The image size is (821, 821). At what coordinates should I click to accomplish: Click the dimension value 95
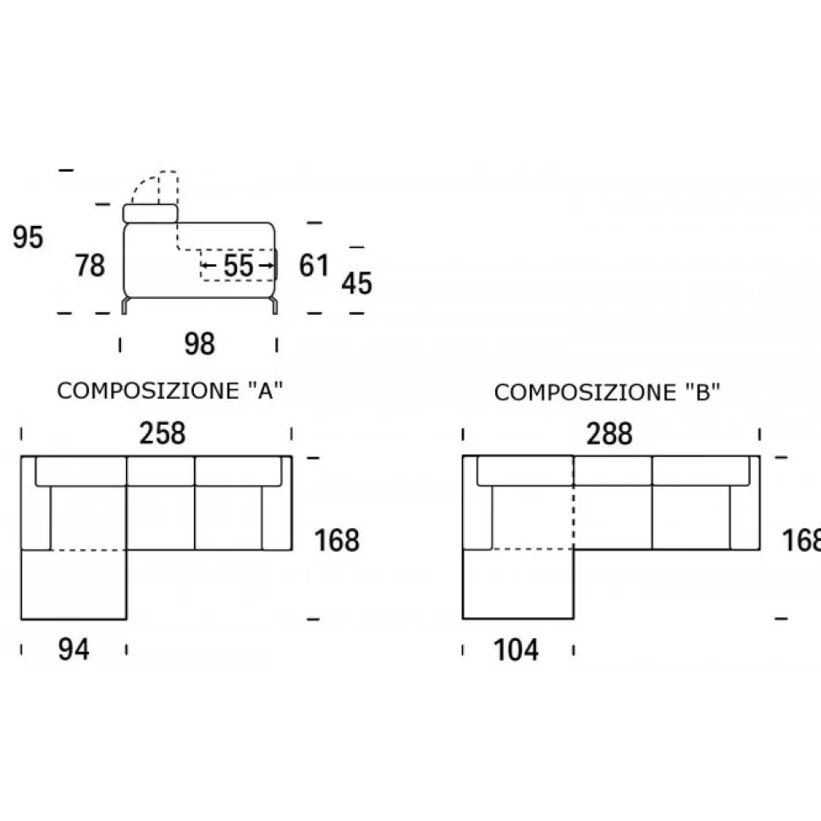[x=28, y=238]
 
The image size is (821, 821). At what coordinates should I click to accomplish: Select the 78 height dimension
[x=90, y=265]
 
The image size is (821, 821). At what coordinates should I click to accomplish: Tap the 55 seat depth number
[x=239, y=266]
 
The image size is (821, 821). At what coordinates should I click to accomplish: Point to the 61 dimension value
[x=314, y=266]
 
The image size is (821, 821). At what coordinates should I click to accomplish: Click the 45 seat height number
[x=356, y=284]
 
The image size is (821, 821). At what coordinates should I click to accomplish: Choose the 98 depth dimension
[x=199, y=344]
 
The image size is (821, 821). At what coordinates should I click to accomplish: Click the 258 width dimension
[x=162, y=433]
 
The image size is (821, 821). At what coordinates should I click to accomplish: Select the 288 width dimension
[x=609, y=433]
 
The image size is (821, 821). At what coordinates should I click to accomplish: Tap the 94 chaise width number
[x=74, y=649]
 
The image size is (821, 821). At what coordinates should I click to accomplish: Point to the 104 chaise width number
[x=515, y=649]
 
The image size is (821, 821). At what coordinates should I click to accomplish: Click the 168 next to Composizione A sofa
[x=337, y=539]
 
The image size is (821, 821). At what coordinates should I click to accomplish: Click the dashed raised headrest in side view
[x=157, y=186]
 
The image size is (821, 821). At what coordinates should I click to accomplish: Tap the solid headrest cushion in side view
[x=150, y=213]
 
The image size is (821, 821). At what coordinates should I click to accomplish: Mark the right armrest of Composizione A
[x=277, y=516]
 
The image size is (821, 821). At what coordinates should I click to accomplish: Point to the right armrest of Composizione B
[x=745, y=516]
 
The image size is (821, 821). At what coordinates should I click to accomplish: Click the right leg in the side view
[x=274, y=306]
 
